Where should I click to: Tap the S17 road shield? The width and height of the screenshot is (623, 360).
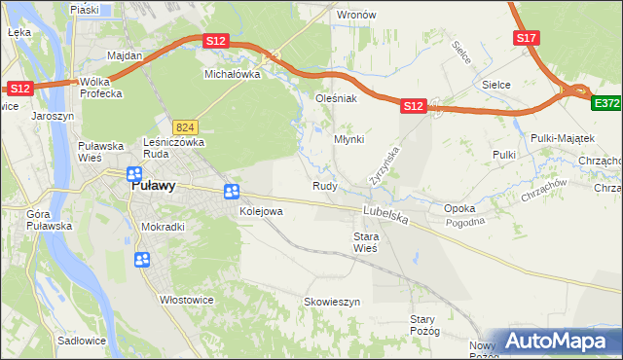coord(527,38)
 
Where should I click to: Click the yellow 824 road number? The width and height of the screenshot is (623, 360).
coord(186,126)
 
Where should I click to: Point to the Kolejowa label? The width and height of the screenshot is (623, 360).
coord(261,210)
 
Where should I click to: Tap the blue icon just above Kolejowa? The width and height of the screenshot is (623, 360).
coord(232,193)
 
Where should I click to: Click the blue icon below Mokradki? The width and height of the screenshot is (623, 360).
coord(142,260)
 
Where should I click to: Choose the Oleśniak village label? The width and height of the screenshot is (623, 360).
coord(337,98)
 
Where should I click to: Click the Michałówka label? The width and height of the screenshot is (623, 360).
coord(233,73)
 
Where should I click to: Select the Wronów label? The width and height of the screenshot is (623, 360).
coord(355,16)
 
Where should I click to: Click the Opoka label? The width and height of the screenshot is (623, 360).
coord(459,208)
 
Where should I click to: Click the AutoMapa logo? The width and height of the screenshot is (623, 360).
coord(559,342)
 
